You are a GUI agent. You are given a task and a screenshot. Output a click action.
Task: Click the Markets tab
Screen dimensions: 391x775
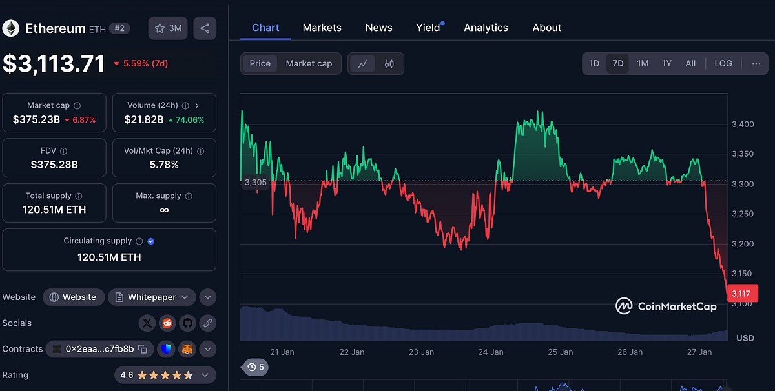tap(322, 28)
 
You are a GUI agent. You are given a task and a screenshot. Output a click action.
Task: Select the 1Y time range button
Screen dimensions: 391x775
tap(666, 63)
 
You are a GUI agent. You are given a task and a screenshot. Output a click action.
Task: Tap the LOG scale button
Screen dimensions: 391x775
tap(723, 63)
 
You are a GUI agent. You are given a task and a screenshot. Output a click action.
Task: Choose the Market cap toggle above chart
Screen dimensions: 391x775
tap(309, 63)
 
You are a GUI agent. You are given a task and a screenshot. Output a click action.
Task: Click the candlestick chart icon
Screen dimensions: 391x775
tap(389, 63)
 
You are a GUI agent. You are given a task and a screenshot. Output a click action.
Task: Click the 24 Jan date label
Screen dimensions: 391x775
tap(491, 352)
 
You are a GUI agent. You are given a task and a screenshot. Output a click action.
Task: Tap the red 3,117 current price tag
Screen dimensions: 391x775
tap(741, 294)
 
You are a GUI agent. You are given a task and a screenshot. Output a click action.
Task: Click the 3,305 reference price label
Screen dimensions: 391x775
tap(256, 183)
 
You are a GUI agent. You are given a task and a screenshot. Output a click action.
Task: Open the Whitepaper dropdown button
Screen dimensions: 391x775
tap(152, 297)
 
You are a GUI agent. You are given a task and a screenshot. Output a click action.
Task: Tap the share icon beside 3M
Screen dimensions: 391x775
tap(205, 28)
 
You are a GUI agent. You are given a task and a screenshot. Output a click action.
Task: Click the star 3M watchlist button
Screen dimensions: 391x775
tap(168, 28)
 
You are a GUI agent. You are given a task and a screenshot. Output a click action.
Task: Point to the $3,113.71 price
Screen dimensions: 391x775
tap(54, 63)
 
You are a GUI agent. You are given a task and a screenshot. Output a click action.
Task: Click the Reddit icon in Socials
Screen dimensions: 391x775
tap(167, 323)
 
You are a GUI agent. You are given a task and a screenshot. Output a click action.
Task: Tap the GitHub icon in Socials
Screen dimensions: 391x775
tap(187, 323)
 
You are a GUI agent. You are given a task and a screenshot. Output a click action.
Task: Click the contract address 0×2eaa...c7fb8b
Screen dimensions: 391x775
tap(99, 349)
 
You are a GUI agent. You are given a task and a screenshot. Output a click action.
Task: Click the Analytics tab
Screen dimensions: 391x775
tap(486, 28)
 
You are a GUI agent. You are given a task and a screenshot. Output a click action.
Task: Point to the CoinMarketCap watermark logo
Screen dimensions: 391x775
tap(665, 306)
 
